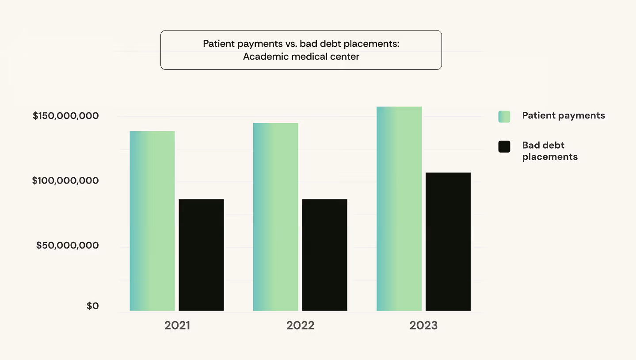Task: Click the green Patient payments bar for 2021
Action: pyautogui.click(x=152, y=221)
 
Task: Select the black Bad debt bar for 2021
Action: pyautogui.click(x=201, y=255)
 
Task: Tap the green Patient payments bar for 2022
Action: pyautogui.click(x=275, y=217)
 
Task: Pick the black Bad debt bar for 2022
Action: pyautogui.click(x=324, y=255)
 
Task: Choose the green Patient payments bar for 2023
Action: pyautogui.click(x=399, y=209)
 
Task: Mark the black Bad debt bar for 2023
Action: pyautogui.click(x=448, y=241)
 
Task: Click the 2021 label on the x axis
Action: pyautogui.click(x=177, y=326)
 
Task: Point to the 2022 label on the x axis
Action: pyautogui.click(x=300, y=326)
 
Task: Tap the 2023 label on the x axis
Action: pyautogui.click(x=423, y=326)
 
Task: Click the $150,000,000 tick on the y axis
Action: pyautogui.click(x=65, y=116)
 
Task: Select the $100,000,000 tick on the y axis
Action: pyautogui.click(x=65, y=181)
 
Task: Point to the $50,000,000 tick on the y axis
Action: pyautogui.click(x=67, y=245)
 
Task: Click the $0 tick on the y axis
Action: pyautogui.click(x=92, y=306)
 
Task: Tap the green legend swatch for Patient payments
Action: pyautogui.click(x=504, y=116)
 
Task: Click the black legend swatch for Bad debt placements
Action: pyautogui.click(x=504, y=147)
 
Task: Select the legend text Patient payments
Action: pyautogui.click(x=563, y=115)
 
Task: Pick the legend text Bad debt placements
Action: pyautogui.click(x=549, y=151)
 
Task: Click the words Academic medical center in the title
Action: pyautogui.click(x=301, y=57)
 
